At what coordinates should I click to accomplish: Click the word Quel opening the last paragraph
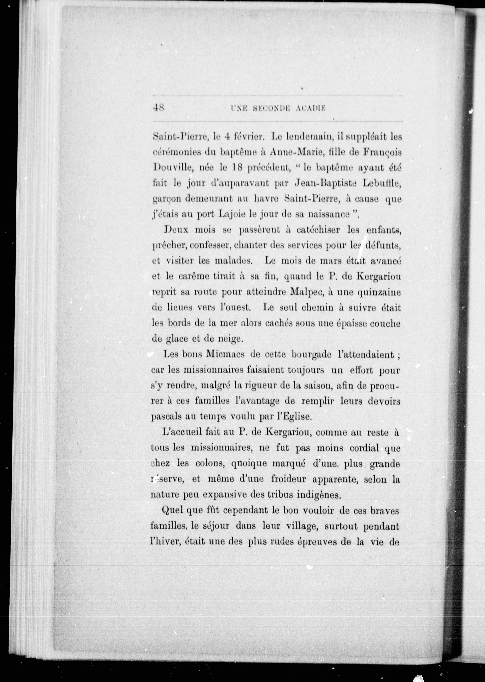[x=172, y=511]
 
